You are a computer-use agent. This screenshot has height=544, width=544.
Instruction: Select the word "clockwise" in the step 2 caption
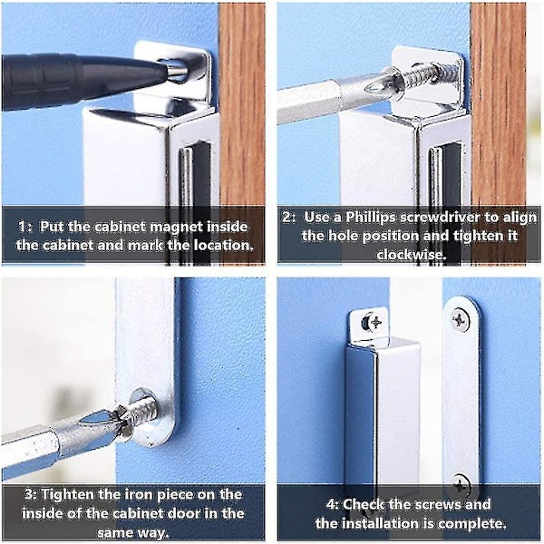click(410, 255)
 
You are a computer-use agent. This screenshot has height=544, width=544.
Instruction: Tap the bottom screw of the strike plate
click(461, 484)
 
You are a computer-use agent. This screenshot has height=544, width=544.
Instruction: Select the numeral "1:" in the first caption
click(25, 227)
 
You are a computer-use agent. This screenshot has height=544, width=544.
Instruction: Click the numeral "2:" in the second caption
click(290, 218)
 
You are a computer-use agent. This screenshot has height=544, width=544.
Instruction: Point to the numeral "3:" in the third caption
click(31, 494)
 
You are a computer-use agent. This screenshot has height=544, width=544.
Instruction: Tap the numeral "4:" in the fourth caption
click(333, 504)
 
